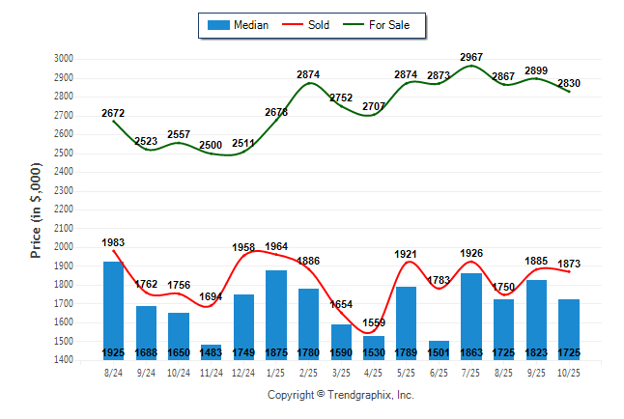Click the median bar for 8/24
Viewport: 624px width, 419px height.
[x=113, y=310]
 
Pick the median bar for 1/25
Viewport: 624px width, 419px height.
[x=276, y=315]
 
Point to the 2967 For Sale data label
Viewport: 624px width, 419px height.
[x=471, y=57]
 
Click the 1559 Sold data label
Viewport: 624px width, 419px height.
[x=374, y=323]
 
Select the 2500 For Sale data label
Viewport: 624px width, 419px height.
[x=212, y=145]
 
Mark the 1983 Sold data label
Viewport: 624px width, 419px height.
[x=113, y=243]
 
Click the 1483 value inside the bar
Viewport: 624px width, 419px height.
[x=212, y=353]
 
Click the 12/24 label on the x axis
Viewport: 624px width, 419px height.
[x=243, y=373]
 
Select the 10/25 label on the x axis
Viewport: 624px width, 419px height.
[x=569, y=373]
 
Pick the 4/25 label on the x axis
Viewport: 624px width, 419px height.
[x=374, y=373]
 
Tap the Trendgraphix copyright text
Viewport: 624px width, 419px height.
[x=340, y=395]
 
